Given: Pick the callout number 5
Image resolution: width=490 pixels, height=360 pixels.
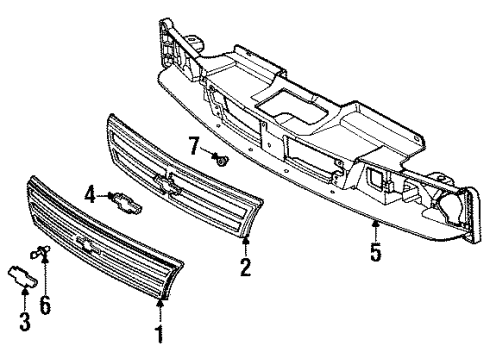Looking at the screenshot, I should tap(376, 253).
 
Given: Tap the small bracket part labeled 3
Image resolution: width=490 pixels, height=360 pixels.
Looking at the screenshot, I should tap(22, 276).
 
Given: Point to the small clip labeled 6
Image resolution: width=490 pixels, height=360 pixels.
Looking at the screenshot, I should tap(41, 254).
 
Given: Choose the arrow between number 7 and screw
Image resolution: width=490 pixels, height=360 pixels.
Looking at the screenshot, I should tap(208, 152).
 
